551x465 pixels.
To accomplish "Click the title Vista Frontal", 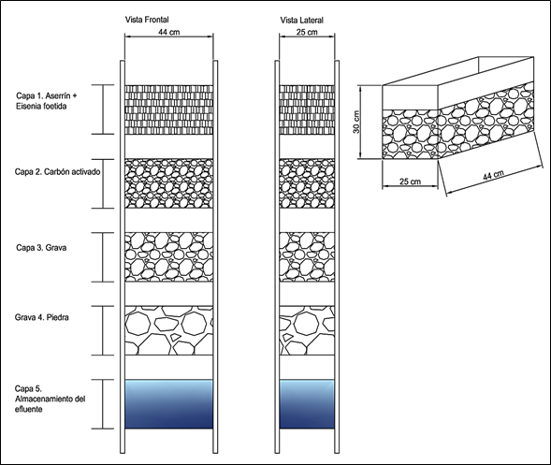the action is [147, 20].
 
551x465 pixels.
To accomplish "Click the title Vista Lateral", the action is [301, 20].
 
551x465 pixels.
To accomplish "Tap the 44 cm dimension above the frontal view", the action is [169, 32].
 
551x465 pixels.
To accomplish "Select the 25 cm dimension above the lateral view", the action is [307, 32].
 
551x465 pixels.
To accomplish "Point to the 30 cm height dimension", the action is [356, 122].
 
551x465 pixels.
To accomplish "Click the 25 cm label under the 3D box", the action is [410, 182].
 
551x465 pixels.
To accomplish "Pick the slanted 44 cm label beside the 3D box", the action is [493, 175].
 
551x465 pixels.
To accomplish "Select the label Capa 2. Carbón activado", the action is [57, 172].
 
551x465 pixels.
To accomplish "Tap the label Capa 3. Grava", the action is [41, 247].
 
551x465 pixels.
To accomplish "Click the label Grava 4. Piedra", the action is [41, 317].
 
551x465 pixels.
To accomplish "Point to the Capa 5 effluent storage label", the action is [50, 399].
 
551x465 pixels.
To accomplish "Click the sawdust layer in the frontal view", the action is [169, 109].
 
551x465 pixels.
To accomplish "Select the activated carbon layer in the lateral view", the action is [307, 183].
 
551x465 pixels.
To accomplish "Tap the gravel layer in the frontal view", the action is [169, 257].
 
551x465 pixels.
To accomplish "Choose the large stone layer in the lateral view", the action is [307, 330].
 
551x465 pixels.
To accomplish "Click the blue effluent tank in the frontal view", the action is [169, 404].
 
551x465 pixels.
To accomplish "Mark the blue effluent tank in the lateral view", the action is [307, 404].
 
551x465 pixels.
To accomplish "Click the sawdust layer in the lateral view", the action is [307, 109].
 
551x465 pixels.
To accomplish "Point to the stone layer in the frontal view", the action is [169, 330].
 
